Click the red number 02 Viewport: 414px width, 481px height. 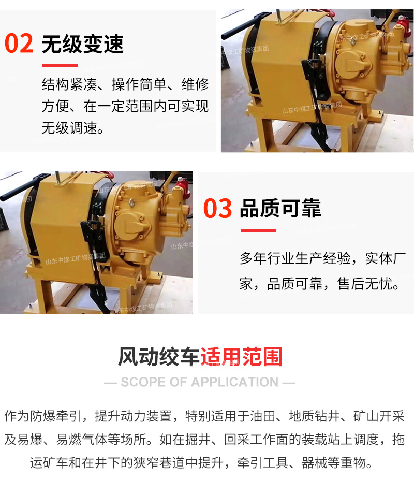19,43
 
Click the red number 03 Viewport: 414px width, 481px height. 217,208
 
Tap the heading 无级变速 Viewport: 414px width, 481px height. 82,44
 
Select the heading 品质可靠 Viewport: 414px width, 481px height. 280,208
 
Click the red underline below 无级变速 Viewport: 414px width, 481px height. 60,65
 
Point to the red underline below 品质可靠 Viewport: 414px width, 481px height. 258,230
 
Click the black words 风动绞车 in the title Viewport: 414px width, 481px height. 159,356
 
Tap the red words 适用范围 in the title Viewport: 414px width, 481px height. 241,356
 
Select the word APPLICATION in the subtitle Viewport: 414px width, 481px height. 235,382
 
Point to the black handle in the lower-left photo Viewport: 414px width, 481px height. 21,187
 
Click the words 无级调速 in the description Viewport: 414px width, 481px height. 69,128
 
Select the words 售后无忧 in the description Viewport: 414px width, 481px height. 365,283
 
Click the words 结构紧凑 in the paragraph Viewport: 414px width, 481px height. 69,84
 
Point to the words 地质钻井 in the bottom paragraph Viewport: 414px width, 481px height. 314,416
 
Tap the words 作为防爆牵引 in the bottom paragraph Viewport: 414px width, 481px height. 43,416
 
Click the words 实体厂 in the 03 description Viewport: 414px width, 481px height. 386,258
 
